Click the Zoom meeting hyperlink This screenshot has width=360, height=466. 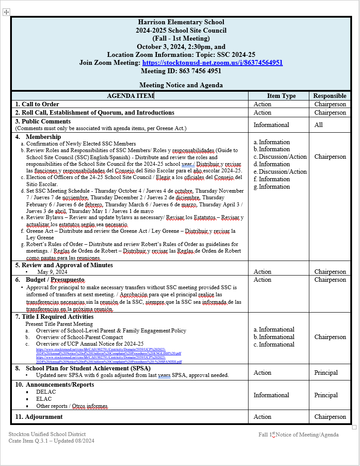pos(212,63)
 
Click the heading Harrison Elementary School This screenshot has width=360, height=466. pos(181,22)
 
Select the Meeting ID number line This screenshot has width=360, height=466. pos(181,71)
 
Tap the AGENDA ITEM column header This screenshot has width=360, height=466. pos(130,96)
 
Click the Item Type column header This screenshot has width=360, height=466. pos(281,96)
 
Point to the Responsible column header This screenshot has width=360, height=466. pos(330,96)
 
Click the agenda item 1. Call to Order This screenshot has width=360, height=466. pos(37,104)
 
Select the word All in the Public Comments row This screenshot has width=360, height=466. pos(319,125)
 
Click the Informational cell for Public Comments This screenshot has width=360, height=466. pos(271,125)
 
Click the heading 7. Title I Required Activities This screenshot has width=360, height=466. pos(54,317)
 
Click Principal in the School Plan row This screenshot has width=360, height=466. pos(326,373)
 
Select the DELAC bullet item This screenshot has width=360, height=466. pos(46,392)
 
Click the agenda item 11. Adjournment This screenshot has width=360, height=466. pos(39,417)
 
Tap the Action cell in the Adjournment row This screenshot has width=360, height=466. pos(262,417)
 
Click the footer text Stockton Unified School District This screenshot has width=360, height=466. pos(47,434)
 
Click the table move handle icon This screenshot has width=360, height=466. pos(6,12)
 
